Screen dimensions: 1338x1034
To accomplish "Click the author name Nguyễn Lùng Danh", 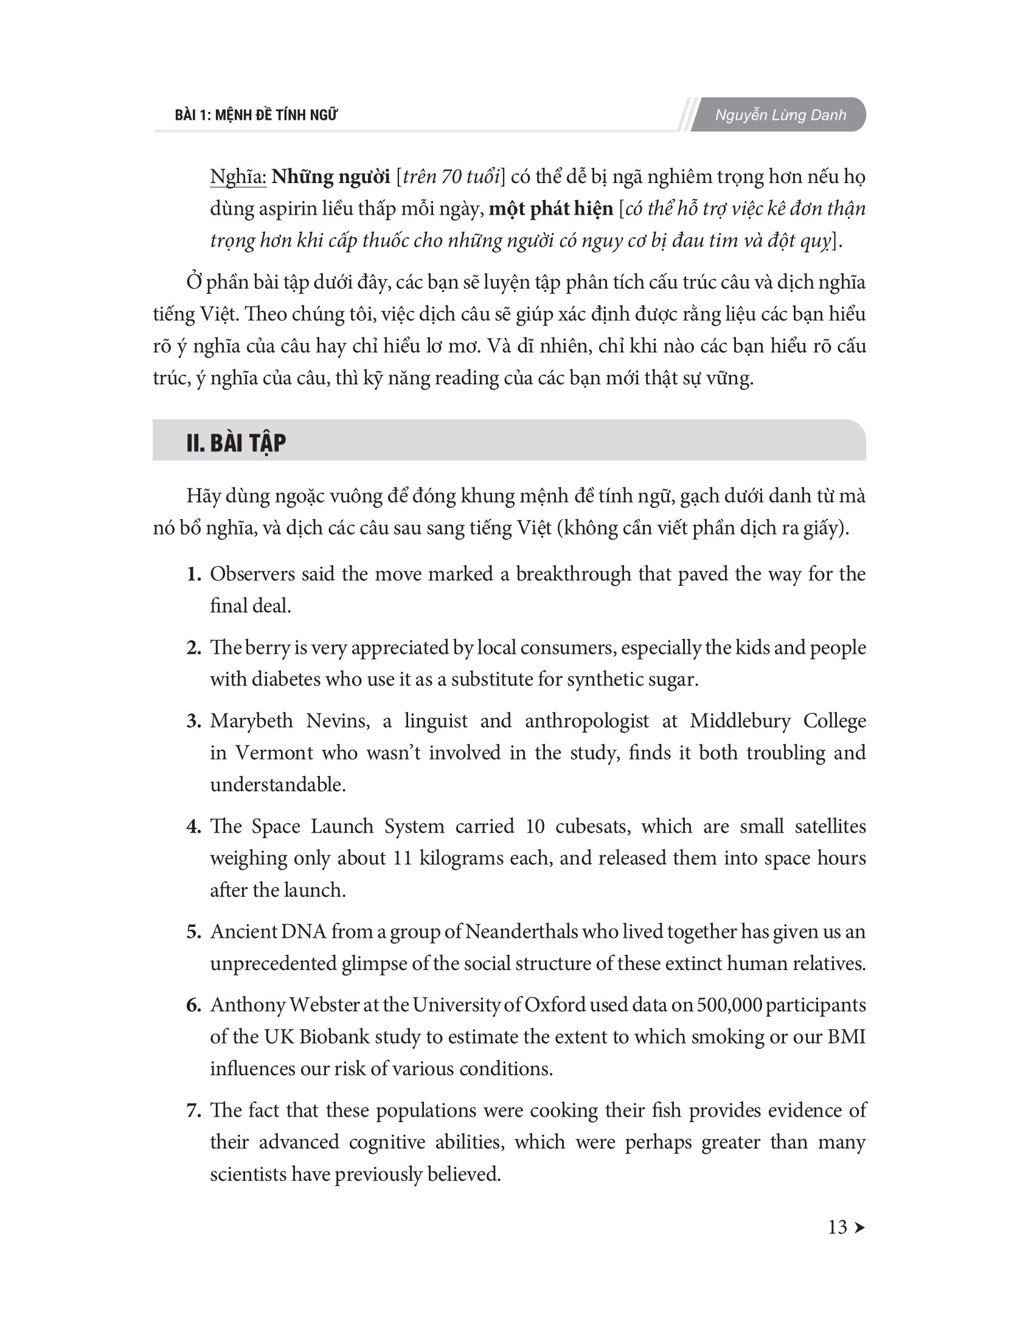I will click(780, 115).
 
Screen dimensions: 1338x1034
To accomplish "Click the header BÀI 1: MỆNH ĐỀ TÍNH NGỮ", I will click(256, 115).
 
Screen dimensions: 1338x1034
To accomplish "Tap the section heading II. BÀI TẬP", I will click(236, 443).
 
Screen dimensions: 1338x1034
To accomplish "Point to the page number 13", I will click(838, 1227).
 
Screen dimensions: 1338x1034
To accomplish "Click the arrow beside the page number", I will click(859, 1228).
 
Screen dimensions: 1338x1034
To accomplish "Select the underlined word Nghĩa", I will click(238, 177).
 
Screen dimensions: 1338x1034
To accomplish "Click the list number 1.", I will click(193, 574).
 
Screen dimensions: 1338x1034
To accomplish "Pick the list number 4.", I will click(193, 827).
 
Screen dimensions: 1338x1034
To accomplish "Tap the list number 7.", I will click(193, 1111).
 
